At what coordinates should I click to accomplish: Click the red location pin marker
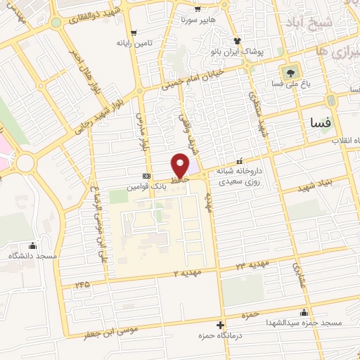181,165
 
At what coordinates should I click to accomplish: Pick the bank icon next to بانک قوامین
146,176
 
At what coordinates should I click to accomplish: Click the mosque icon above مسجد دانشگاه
32,246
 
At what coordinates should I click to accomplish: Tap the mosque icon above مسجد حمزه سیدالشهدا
304,313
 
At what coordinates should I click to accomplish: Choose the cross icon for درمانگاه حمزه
221,325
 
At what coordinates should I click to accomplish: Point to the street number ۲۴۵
83,285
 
